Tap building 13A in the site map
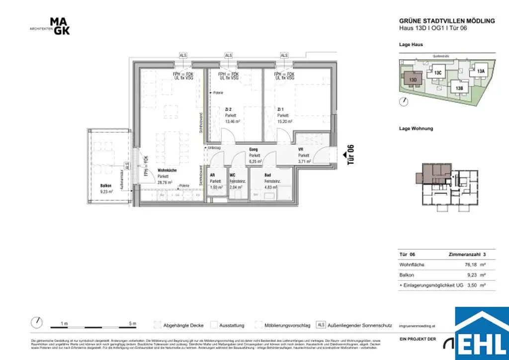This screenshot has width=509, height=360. coord(480,71)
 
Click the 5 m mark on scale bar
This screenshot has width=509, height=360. coord(132,324)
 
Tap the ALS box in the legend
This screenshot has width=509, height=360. coord(321,325)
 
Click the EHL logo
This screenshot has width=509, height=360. coord(482,335)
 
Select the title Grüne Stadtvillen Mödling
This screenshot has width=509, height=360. coord(447,21)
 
